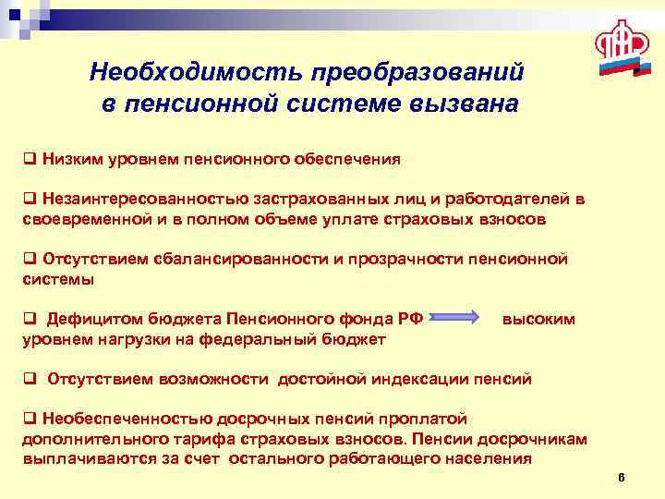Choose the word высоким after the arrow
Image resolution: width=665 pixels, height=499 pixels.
click(538, 319)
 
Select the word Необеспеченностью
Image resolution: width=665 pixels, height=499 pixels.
click(110, 419)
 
